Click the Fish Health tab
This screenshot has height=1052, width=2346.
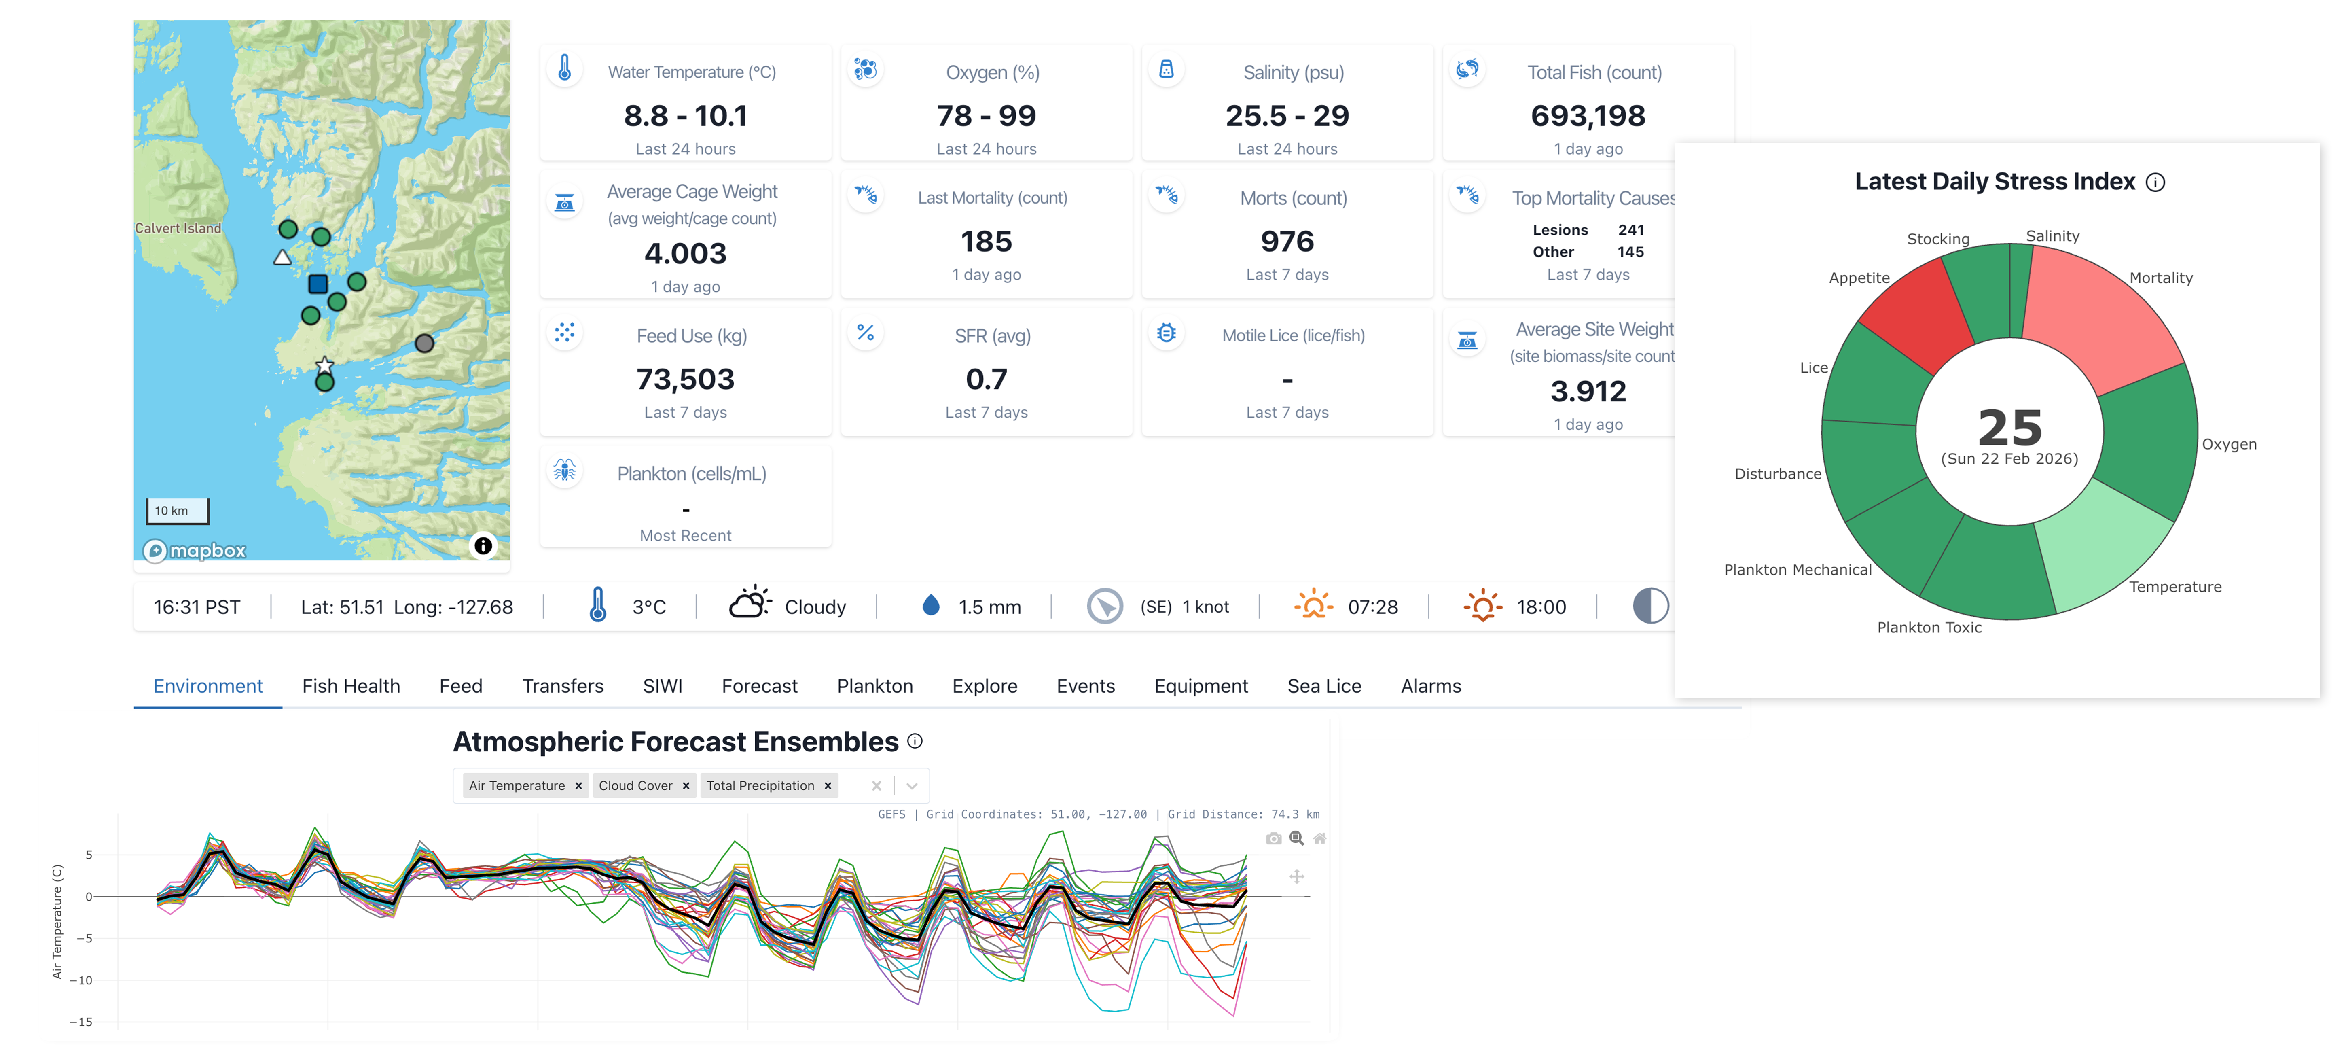point(351,686)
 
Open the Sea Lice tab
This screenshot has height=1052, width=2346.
point(1324,686)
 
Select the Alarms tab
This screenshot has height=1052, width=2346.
point(1431,686)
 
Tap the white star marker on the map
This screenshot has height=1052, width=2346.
point(324,365)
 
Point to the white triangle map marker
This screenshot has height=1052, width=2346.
point(282,258)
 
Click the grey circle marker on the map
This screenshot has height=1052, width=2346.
point(424,344)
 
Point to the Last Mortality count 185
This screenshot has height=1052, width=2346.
point(986,242)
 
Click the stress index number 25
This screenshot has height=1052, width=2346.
point(2010,427)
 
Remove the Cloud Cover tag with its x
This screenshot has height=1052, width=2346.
point(686,785)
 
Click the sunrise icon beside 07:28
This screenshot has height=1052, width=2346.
point(1313,606)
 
